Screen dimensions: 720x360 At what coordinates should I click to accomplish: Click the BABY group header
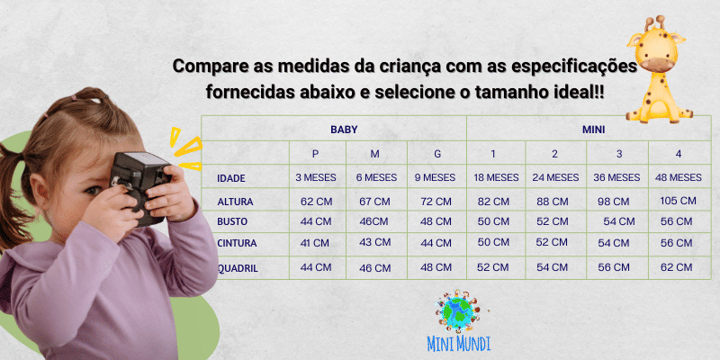click(x=344, y=130)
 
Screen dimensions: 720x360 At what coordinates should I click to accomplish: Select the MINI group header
click(x=593, y=130)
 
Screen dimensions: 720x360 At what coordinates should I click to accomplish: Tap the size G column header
click(x=437, y=154)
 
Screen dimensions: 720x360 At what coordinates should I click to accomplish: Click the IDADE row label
click(x=231, y=178)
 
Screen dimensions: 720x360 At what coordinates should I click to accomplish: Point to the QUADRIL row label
click(x=238, y=268)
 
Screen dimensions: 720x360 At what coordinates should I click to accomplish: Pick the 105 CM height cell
click(x=679, y=201)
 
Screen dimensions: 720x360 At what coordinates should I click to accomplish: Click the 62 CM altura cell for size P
click(x=316, y=202)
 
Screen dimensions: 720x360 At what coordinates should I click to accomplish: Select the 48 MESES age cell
click(x=679, y=177)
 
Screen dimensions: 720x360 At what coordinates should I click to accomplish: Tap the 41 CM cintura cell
click(x=314, y=243)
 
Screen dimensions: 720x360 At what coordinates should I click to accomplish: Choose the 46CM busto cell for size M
click(x=373, y=221)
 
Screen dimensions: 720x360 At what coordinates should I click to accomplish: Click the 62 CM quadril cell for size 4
click(x=677, y=267)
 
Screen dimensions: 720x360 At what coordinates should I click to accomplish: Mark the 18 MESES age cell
click(x=497, y=177)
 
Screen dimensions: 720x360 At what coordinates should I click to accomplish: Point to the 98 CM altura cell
click(x=614, y=202)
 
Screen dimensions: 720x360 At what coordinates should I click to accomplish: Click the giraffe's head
click(x=657, y=46)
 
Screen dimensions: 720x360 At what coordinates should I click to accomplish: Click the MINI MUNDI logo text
click(x=458, y=344)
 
